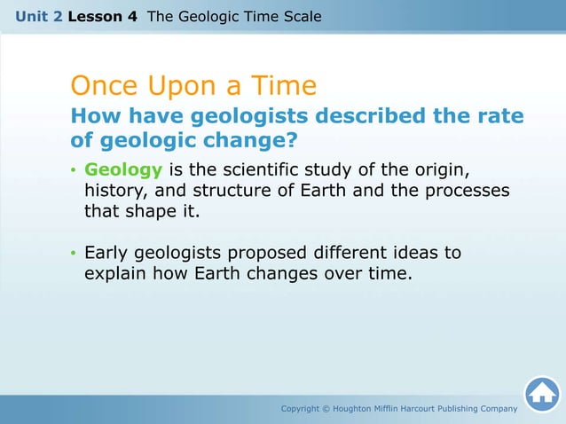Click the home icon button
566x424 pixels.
pyautogui.click(x=541, y=395)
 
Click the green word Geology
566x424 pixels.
pyautogui.click(x=118, y=169)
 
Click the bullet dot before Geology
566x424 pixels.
pyautogui.click(x=74, y=169)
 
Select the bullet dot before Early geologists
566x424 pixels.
pyautogui.click(x=74, y=254)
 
